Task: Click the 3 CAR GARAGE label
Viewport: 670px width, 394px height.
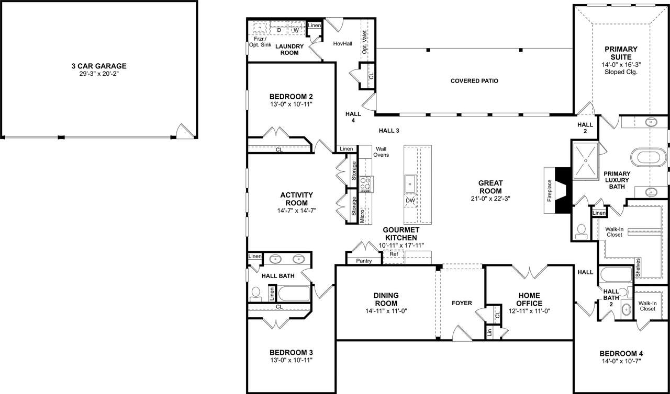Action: pos(99,66)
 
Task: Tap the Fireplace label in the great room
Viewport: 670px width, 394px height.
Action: pos(550,190)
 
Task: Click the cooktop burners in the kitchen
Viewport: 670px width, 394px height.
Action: pos(365,184)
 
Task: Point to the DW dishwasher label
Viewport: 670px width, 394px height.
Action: pos(410,201)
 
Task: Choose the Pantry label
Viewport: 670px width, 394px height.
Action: pos(364,261)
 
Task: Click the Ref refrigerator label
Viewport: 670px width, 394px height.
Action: pos(394,254)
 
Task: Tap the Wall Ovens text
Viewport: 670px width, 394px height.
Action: pos(381,152)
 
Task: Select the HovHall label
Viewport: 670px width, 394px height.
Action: pos(342,43)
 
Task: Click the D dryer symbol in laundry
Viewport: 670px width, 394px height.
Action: pos(279,30)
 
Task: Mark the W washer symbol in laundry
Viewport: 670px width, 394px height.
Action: pos(296,30)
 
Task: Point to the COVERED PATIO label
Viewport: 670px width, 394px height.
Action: pos(474,81)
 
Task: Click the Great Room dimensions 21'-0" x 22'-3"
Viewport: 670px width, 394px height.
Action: pos(490,199)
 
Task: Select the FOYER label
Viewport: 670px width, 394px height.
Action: pos(462,303)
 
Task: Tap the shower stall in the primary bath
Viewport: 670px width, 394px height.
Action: pos(585,160)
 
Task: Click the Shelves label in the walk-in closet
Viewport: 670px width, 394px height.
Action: pos(638,268)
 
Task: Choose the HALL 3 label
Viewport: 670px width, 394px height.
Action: pos(389,131)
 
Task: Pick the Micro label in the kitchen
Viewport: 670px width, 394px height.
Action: pos(362,216)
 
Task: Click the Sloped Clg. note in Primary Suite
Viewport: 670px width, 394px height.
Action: pos(621,72)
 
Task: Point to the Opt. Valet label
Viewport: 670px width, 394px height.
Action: pos(364,42)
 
